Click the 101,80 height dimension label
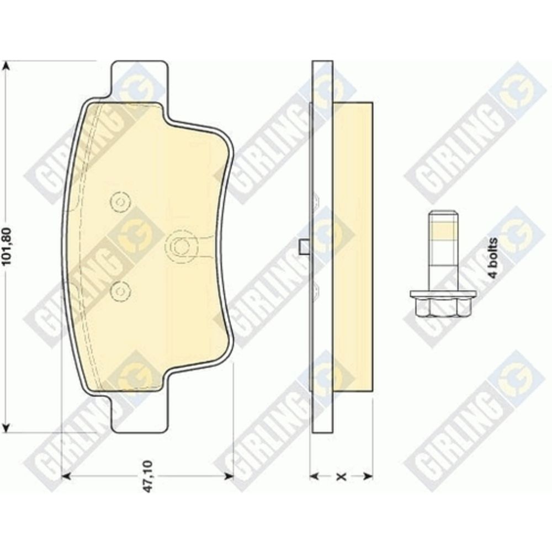(8, 246)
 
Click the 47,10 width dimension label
(148, 476)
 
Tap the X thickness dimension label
(341, 477)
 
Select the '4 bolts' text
(493, 258)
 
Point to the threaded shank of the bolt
(443, 251)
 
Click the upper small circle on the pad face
(120, 202)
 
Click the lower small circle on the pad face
(120, 291)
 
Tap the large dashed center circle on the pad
(181, 246)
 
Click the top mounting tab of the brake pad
(139, 79)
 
